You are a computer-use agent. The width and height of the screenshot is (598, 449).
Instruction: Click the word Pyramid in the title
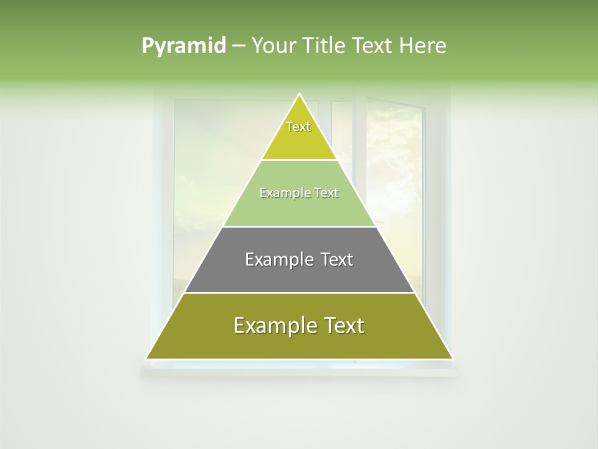(183, 46)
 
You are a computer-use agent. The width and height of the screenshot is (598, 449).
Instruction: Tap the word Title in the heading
(327, 46)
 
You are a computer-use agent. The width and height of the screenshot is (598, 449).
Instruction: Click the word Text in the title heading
(373, 46)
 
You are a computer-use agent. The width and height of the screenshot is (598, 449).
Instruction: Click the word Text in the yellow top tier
(298, 127)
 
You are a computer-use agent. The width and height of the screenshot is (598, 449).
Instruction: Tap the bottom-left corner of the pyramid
(147, 359)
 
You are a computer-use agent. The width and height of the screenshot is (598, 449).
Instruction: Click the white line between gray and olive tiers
(300, 292)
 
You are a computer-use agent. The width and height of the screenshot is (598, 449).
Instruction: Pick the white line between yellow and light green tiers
(300, 160)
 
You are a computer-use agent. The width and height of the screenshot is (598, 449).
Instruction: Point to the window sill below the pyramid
(299, 372)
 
